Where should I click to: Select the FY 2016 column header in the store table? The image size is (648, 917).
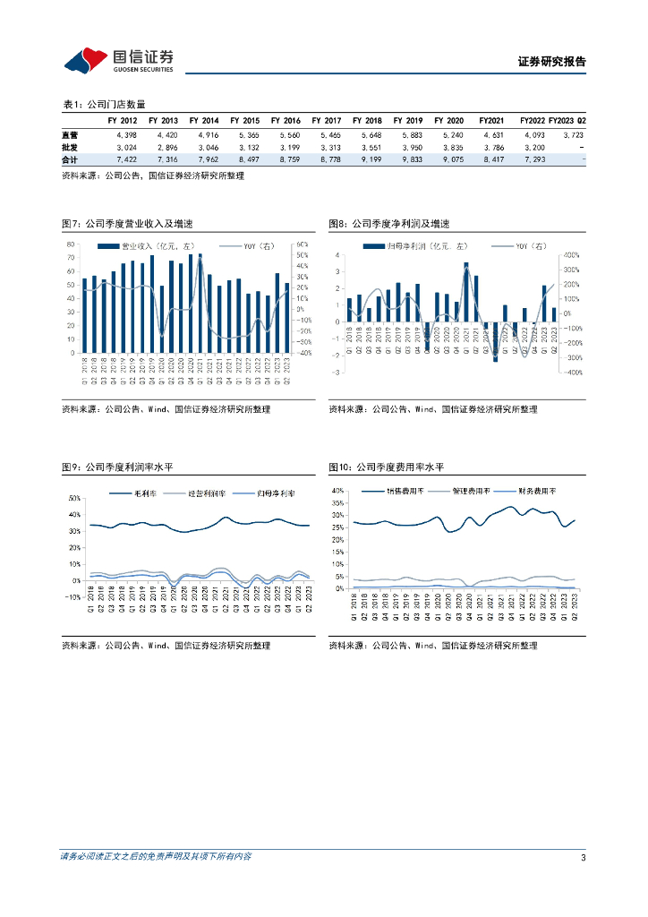coord(286,120)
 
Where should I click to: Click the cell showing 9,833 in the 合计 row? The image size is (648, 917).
coord(408,159)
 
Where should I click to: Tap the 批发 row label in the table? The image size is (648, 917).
coord(69,146)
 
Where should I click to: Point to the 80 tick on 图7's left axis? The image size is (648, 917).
coord(70,244)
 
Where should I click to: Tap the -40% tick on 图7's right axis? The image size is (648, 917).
coord(304,353)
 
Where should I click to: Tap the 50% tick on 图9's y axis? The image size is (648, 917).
coord(74,497)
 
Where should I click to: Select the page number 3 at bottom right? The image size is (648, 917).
coord(583,857)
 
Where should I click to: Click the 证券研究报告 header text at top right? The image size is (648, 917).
coord(552,62)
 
